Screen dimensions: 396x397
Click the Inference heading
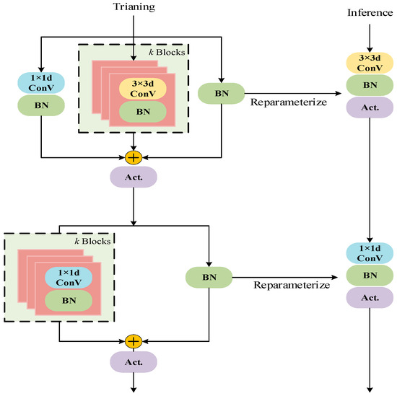(369, 13)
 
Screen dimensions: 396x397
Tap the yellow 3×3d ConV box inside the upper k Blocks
(143, 88)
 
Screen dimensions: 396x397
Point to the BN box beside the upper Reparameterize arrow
(222, 93)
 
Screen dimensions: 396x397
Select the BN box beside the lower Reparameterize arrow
(209, 276)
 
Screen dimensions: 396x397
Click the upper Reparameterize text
(284, 102)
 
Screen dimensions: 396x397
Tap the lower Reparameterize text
(291, 285)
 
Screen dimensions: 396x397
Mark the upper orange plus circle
(133, 157)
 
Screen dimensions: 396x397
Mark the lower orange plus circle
(133, 340)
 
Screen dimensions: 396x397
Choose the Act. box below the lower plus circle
(133, 362)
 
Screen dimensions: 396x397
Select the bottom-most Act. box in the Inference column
(370, 296)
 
